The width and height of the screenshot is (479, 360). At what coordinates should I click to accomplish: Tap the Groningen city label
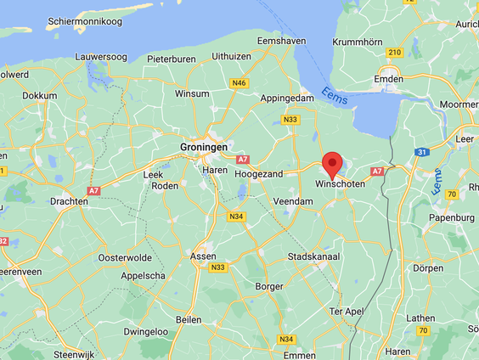coord(204,147)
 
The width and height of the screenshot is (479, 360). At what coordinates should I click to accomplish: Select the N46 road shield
coord(239,82)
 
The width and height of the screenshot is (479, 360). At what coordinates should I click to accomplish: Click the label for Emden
coord(389,80)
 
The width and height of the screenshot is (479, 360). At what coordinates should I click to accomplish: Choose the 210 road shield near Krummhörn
coord(393,53)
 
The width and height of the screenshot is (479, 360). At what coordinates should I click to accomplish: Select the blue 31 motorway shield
coord(421,151)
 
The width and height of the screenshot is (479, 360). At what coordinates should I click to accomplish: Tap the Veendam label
coord(294,201)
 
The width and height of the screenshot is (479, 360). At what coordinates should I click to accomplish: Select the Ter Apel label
coord(347,312)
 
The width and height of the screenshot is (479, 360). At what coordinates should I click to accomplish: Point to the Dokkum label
coord(39,96)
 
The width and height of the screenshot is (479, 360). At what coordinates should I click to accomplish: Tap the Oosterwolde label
coord(125,256)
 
